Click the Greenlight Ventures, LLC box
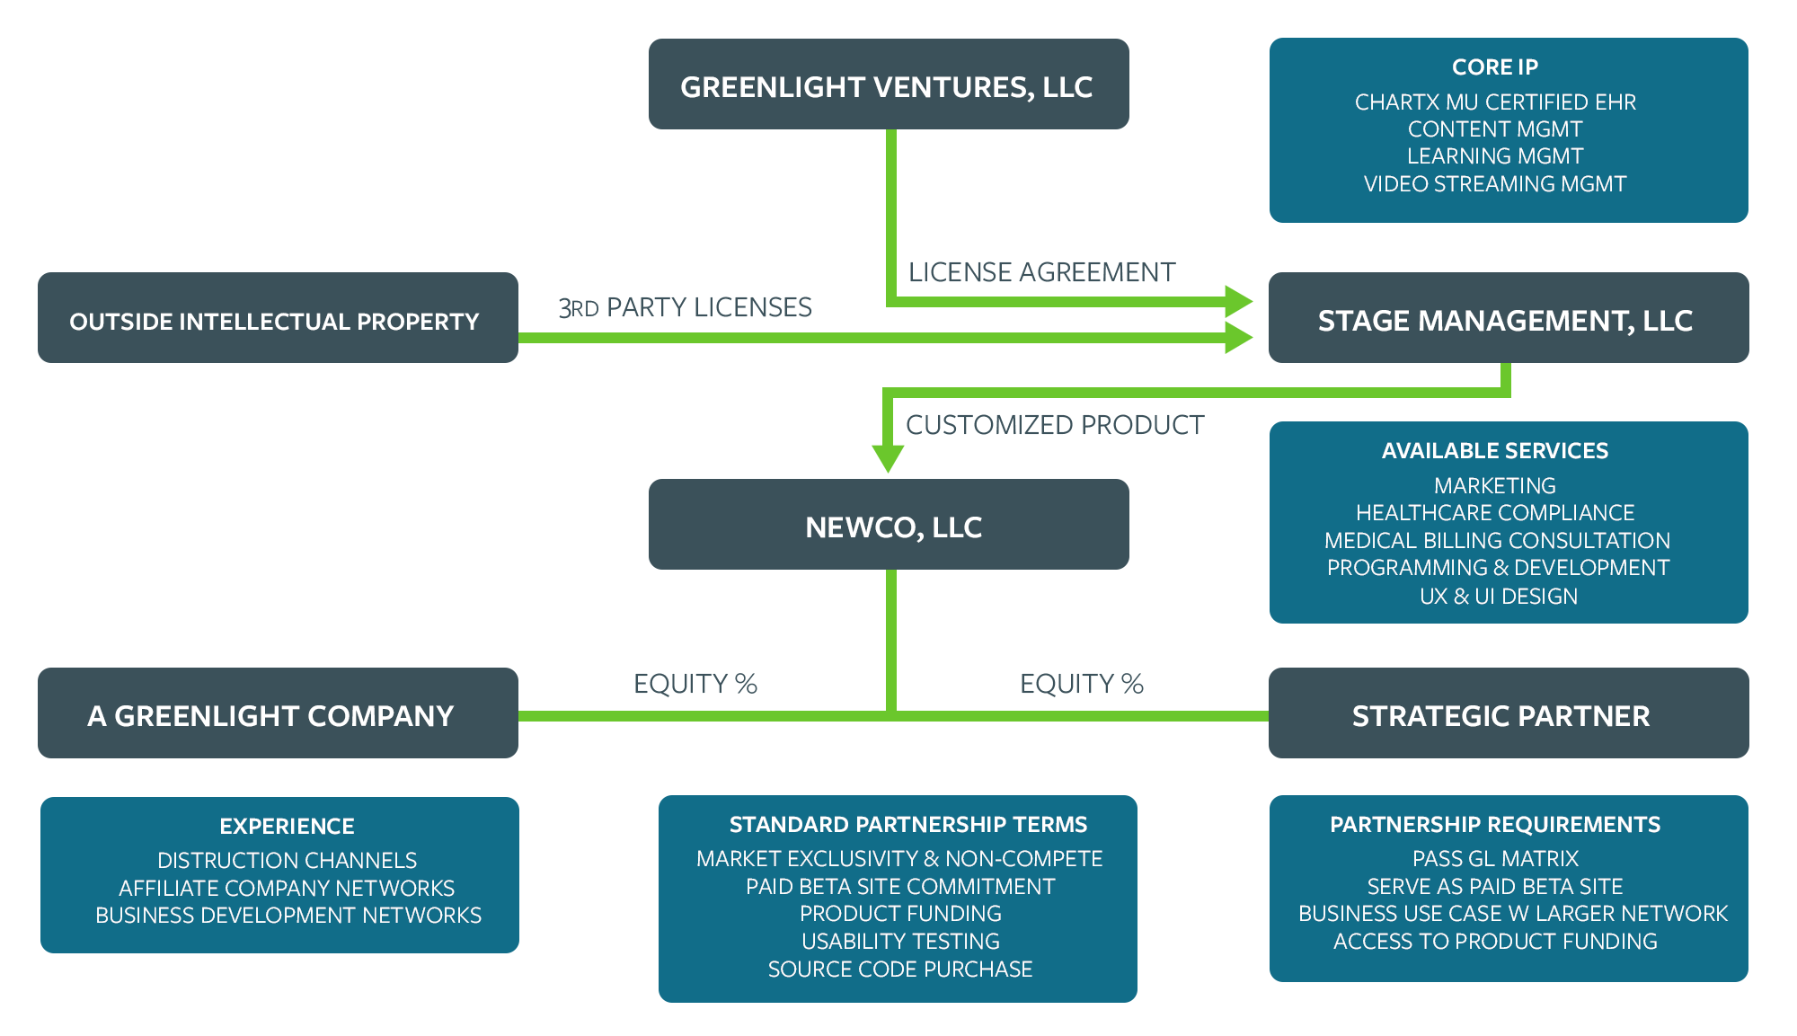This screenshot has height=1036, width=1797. (x=888, y=84)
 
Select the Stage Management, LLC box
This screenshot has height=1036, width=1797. (x=1508, y=319)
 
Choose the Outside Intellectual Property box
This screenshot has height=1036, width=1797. (x=277, y=319)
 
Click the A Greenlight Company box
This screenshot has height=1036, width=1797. (x=277, y=714)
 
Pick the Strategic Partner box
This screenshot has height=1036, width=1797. (x=1508, y=714)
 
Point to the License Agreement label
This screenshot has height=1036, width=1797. (x=1041, y=272)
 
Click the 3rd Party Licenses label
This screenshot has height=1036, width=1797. (x=685, y=308)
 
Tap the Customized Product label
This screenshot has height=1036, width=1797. (x=1054, y=425)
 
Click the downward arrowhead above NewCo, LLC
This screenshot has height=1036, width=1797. (x=888, y=457)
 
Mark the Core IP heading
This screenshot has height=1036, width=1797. (x=1495, y=67)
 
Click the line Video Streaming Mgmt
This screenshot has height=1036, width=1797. (x=1495, y=184)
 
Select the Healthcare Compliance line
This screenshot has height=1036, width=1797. (x=1495, y=513)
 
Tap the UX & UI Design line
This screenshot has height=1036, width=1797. (x=1498, y=597)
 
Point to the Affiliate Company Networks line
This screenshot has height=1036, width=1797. (x=287, y=889)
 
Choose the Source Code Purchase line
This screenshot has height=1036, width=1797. (x=899, y=970)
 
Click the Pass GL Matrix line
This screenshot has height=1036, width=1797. (x=1495, y=859)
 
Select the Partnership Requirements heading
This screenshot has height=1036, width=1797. (x=1495, y=825)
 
